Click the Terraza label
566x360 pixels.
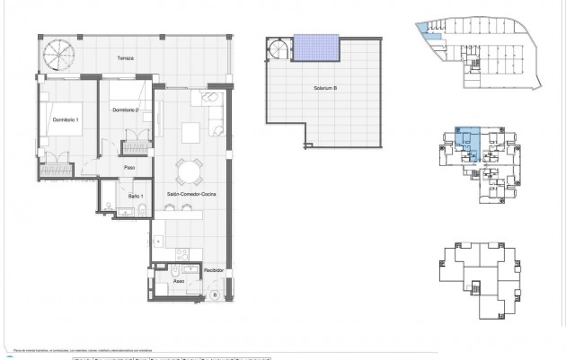tap(126, 58)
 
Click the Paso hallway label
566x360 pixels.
tap(128, 166)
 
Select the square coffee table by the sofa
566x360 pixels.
tap(190, 133)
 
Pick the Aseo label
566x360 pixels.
tap(180, 278)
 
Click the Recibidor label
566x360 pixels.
tap(213, 268)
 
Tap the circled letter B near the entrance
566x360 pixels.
tap(215, 295)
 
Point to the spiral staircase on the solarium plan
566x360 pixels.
tap(279, 48)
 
